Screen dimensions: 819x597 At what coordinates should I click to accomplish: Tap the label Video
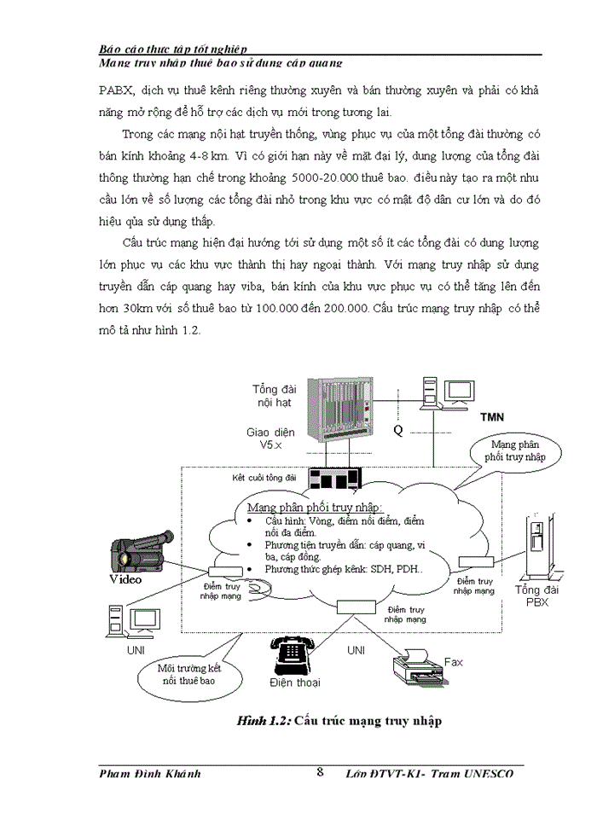click(126, 578)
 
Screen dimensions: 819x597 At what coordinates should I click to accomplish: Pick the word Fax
click(453, 661)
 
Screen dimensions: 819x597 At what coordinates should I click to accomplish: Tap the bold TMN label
click(494, 418)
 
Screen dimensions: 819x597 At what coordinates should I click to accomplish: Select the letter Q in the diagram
click(397, 431)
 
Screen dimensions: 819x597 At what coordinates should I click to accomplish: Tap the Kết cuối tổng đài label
click(264, 478)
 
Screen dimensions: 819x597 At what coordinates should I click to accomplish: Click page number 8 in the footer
click(320, 773)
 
